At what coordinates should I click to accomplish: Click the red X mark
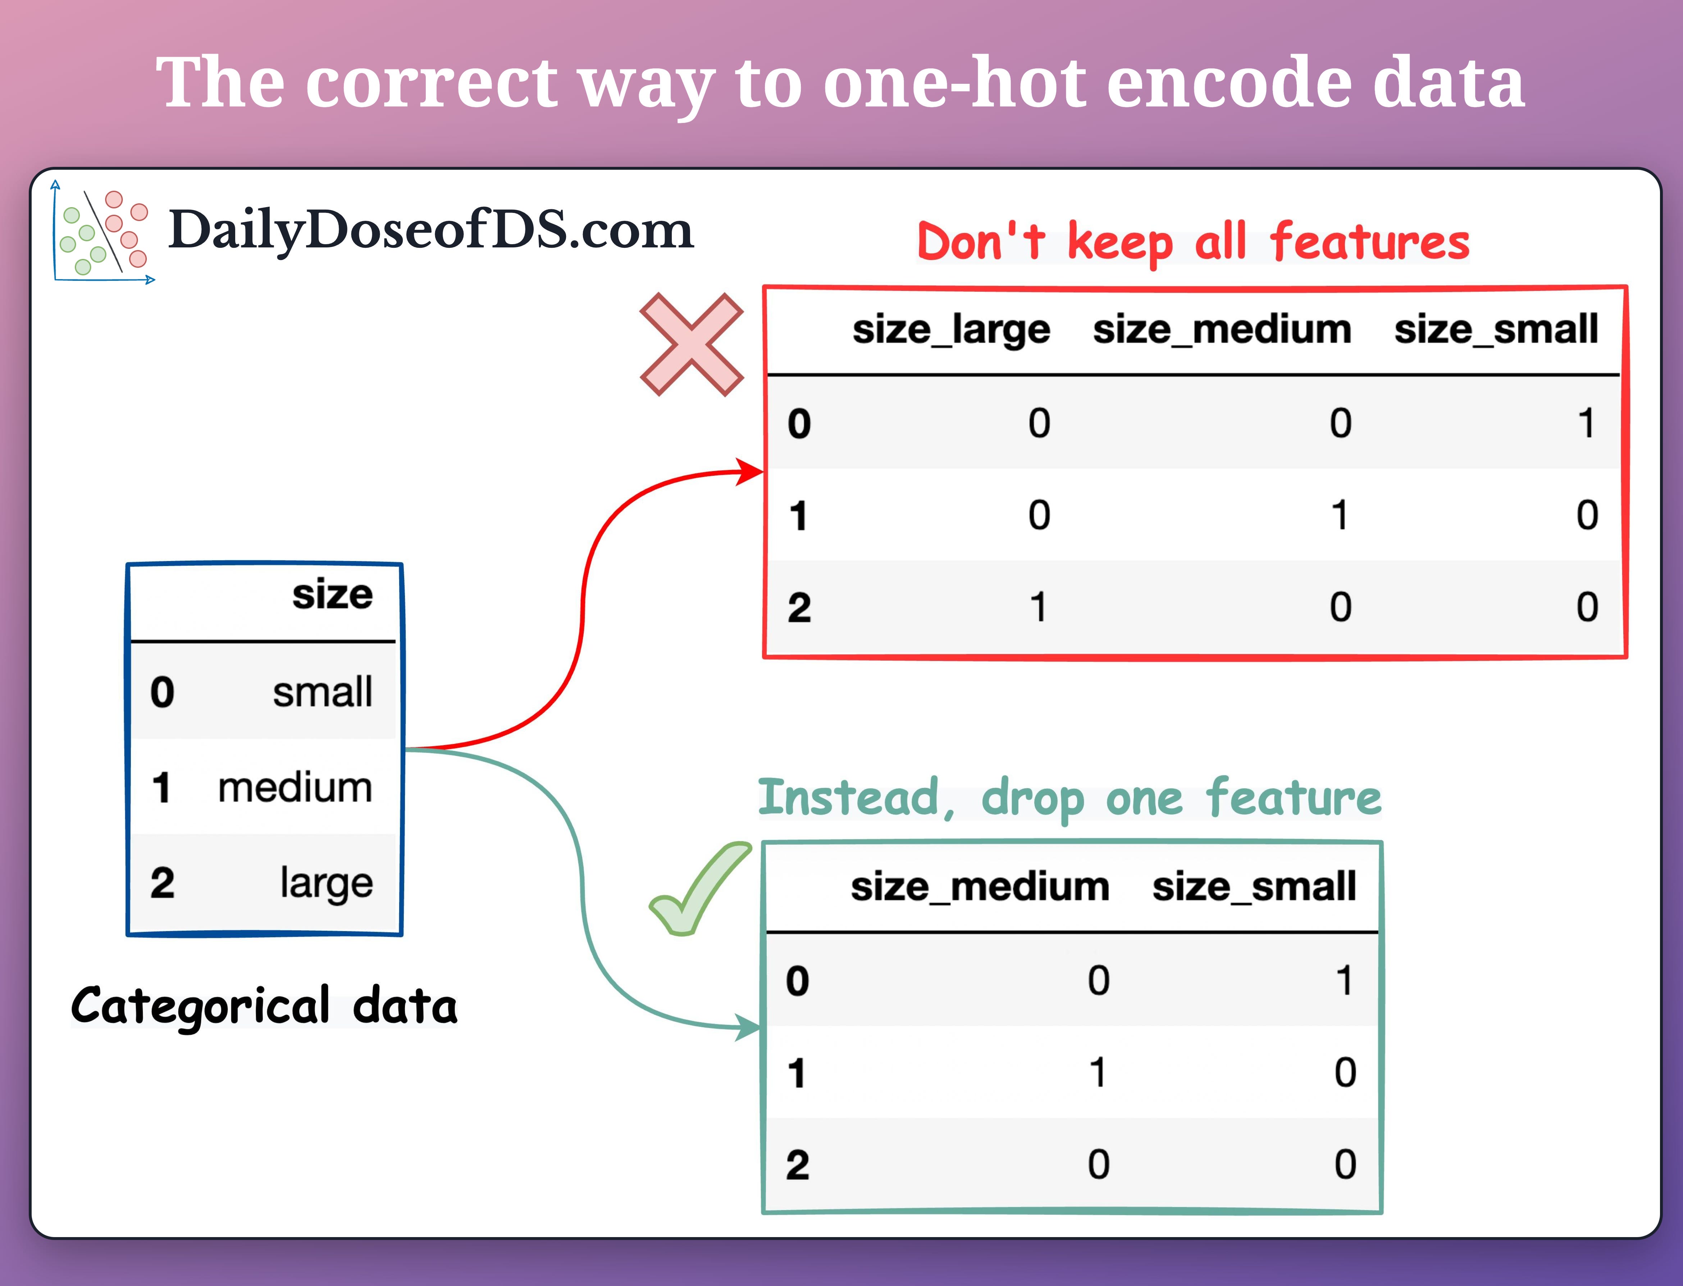pos(691,345)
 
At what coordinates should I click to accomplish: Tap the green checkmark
pos(697,889)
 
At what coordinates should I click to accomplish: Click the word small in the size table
pos(322,692)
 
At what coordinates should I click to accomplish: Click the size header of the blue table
pos(332,595)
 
